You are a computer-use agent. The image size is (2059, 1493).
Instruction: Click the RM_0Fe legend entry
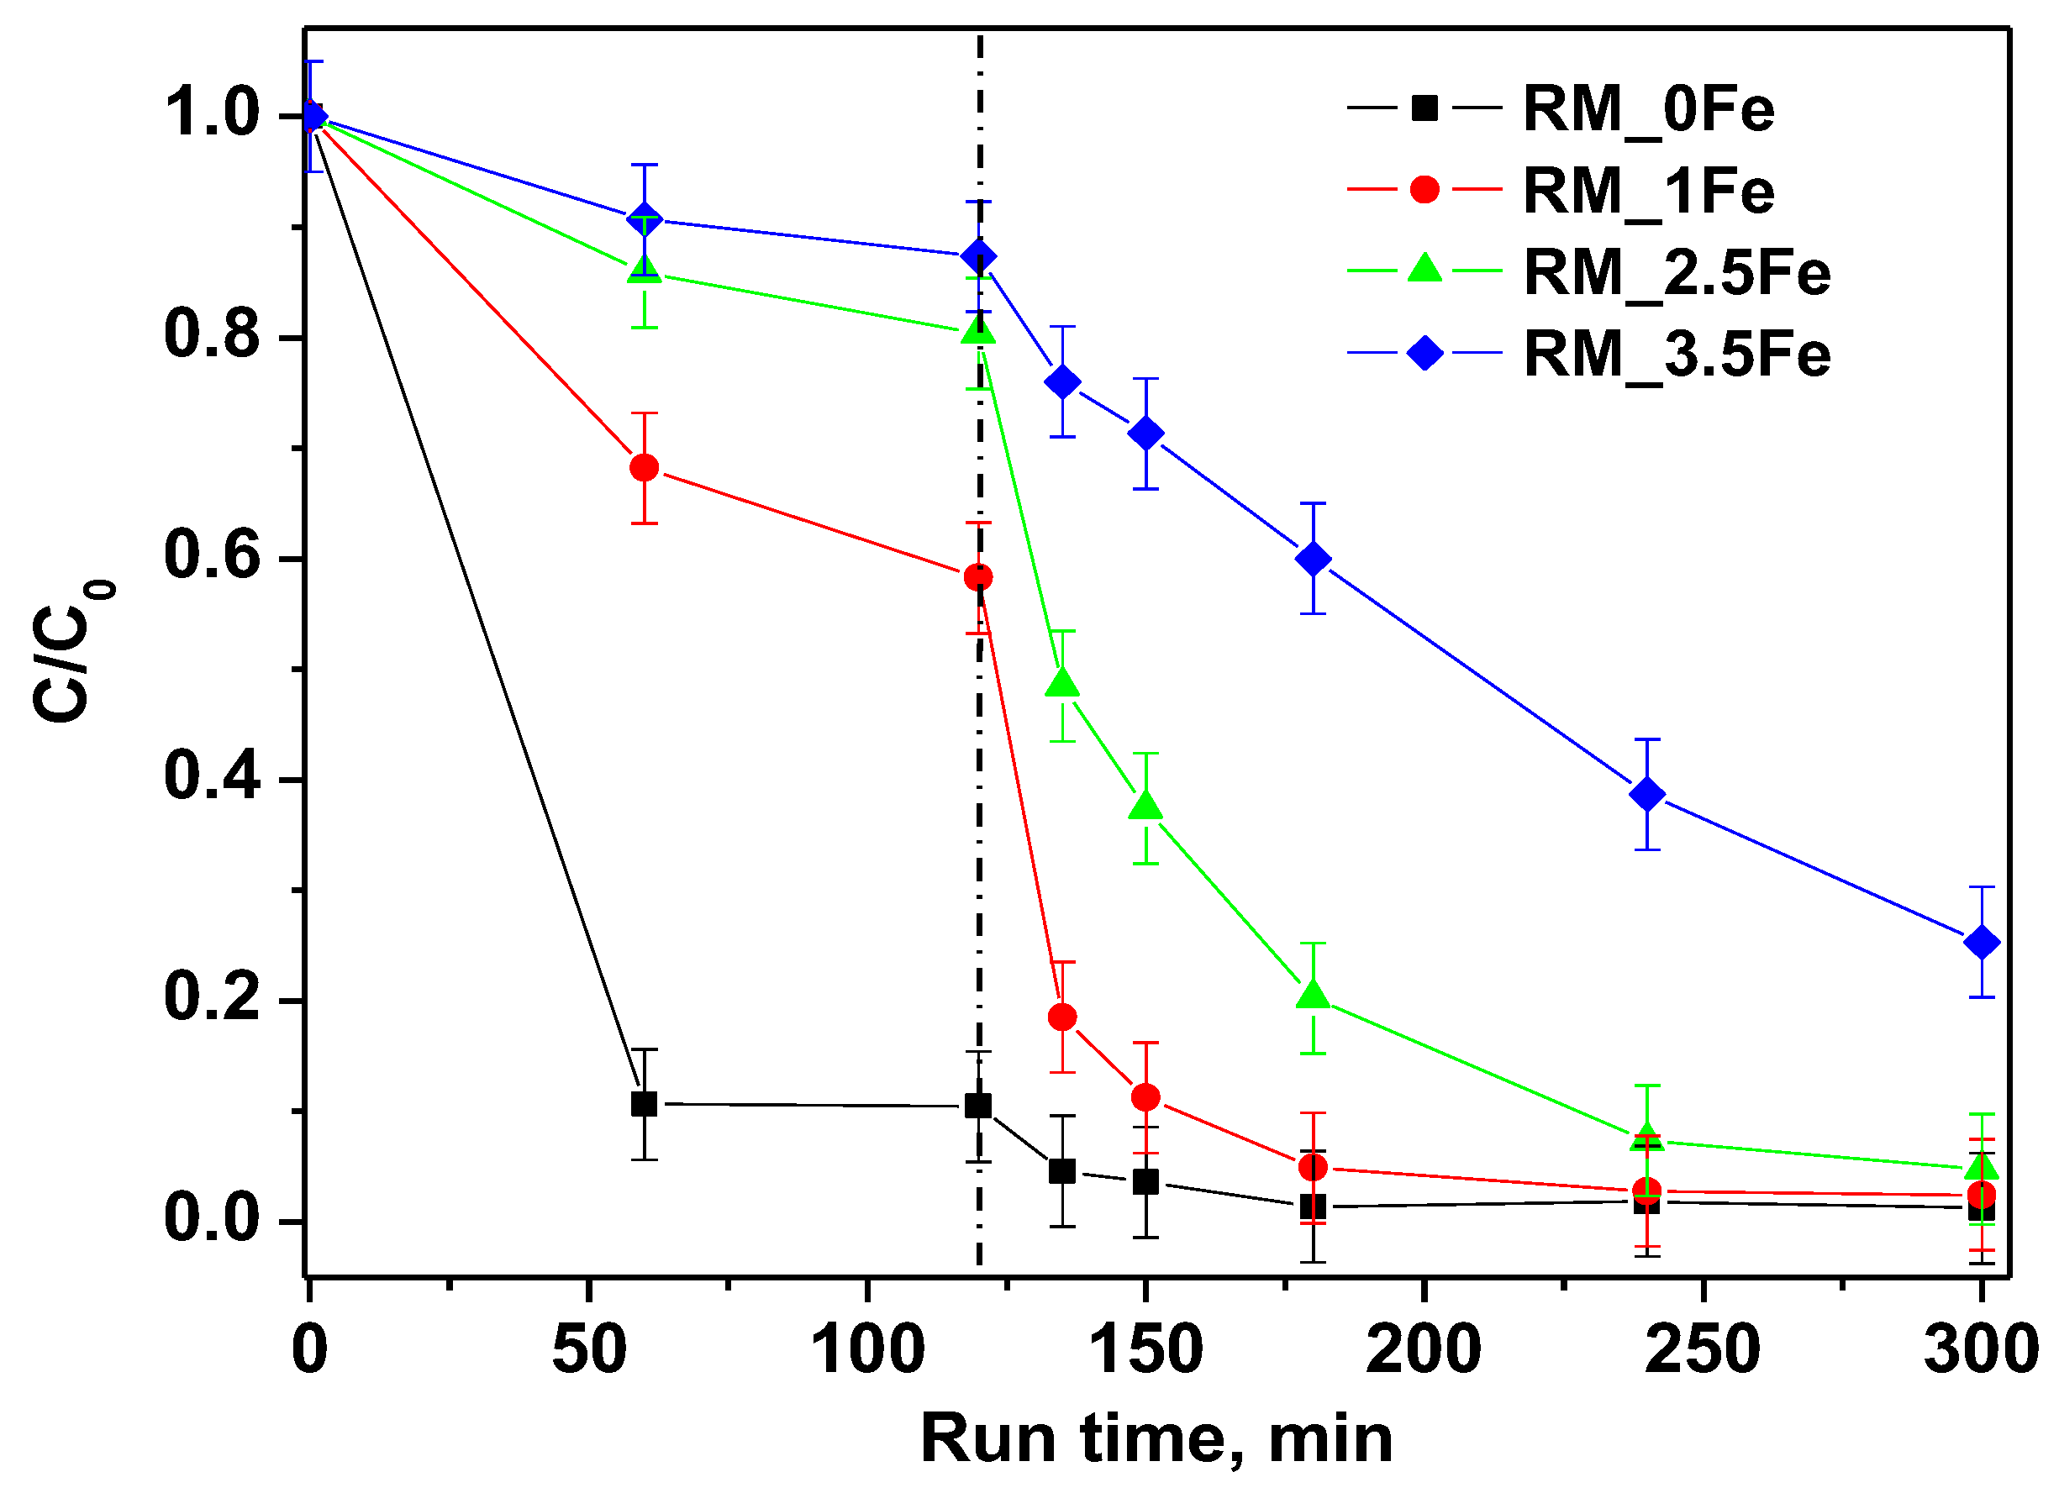tap(1648, 110)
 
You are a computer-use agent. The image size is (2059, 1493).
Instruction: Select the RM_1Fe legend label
tap(1648, 192)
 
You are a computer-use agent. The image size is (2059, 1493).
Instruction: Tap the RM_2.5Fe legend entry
tap(1676, 272)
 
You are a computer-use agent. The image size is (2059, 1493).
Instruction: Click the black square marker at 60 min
tap(644, 1105)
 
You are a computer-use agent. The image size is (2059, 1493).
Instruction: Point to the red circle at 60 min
tap(644, 468)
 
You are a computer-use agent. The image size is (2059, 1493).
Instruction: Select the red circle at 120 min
tap(977, 577)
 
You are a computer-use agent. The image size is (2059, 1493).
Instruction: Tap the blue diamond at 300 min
tap(1981, 943)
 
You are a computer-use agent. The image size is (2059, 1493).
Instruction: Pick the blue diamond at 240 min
tap(1647, 794)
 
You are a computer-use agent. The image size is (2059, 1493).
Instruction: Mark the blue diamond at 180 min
tap(1313, 559)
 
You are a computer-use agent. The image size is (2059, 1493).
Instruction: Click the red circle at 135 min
tap(1062, 1017)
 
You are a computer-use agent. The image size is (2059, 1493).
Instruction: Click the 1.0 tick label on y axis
tap(212, 114)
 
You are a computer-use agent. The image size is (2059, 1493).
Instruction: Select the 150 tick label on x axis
tap(1145, 1349)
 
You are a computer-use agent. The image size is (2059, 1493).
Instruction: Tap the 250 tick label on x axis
tap(1701, 1349)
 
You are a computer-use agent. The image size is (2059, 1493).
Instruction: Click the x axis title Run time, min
tap(1156, 1438)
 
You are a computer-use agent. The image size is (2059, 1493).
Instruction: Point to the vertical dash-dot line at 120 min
tap(980, 862)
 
